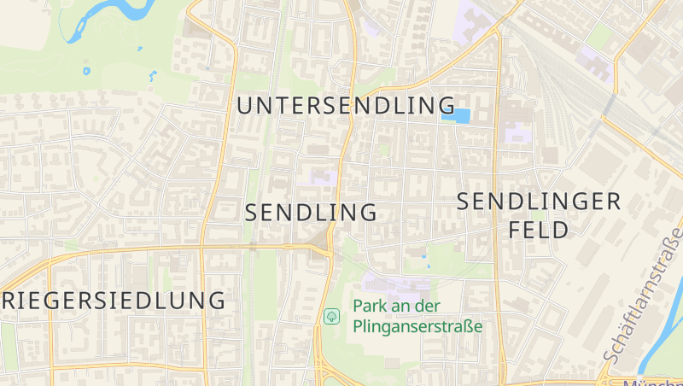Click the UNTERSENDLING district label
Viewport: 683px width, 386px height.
tap(346, 106)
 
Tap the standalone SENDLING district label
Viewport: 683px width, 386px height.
tap(311, 213)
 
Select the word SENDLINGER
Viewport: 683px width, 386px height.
tap(539, 202)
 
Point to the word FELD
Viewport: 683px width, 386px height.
tap(538, 230)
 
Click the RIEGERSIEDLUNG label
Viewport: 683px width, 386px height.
tap(114, 301)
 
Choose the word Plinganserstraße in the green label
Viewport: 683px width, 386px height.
tap(417, 326)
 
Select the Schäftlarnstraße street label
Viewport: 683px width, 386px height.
tap(642, 295)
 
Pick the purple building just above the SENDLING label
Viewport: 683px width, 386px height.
tap(320, 178)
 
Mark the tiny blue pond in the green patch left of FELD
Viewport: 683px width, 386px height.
tap(424, 254)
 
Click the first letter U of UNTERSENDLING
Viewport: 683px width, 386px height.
tap(245, 106)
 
